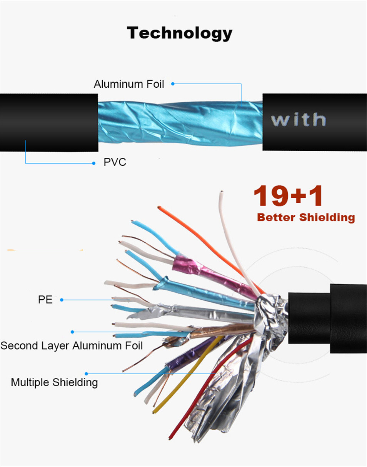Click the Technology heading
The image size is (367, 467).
click(x=180, y=33)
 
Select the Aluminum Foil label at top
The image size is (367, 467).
click(x=129, y=84)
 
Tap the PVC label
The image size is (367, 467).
click(x=115, y=162)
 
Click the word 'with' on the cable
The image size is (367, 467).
click(x=299, y=120)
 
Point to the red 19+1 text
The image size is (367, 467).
click(x=288, y=196)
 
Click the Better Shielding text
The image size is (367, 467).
click(x=306, y=217)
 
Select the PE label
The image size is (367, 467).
click(x=45, y=300)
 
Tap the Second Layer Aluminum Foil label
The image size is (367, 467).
click(x=72, y=345)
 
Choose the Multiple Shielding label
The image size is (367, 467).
click(x=54, y=382)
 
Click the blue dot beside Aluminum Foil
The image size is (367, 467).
click(x=173, y=83)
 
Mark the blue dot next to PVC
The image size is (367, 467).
click(x=93, y=163)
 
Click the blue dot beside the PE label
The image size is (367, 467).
click(x=62, y=300)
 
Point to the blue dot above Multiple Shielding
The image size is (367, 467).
click(x=87, y=374)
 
